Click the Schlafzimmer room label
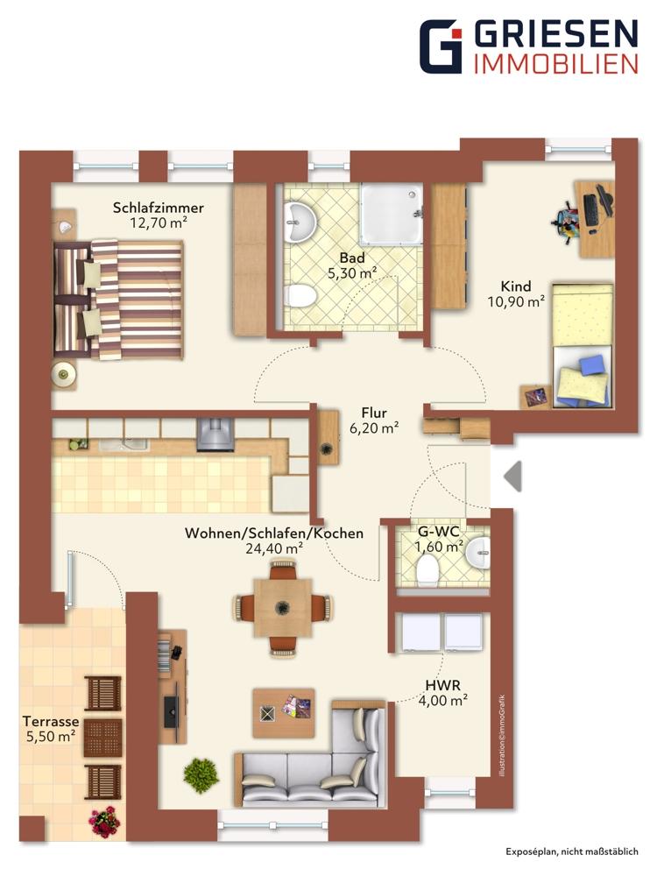(158, 208)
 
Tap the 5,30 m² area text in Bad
(352, 273)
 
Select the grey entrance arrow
(512, 477)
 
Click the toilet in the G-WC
(427, 569)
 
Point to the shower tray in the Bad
(391, 215)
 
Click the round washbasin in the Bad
(299, 222)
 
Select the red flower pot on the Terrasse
(104, 823)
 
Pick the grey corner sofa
(315, 754)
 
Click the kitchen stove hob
(215, 434)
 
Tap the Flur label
(374, 413)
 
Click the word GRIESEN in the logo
(556, 35)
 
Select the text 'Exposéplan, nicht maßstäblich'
(572, 852)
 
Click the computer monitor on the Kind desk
(604, 203)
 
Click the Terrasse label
(51, 721)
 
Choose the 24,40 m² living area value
(274, 549)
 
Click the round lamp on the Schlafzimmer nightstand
(64, 374)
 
